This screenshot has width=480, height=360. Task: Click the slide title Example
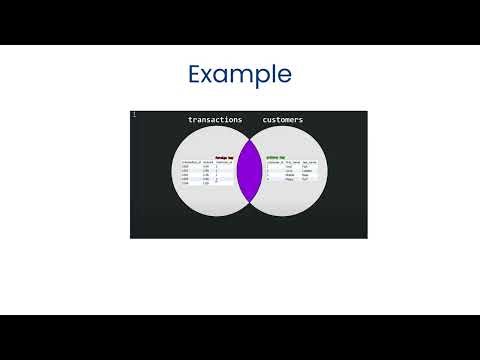coord(240,75)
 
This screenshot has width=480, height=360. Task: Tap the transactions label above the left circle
coord(215,120)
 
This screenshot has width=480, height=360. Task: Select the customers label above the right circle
coord(282,120)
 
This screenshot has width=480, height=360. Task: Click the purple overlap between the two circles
coord(249,173)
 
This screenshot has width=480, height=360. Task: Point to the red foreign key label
coord(224,157)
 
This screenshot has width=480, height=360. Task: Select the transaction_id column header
coord(192,162)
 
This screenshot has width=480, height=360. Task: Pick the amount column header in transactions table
coord(209,162)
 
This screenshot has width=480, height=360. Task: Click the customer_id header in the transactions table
coord(224,162)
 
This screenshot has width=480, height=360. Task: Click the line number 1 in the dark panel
coord(134,115)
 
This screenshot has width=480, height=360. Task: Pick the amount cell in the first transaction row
coord(207,167)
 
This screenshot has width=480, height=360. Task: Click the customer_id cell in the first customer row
coord(268,167)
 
